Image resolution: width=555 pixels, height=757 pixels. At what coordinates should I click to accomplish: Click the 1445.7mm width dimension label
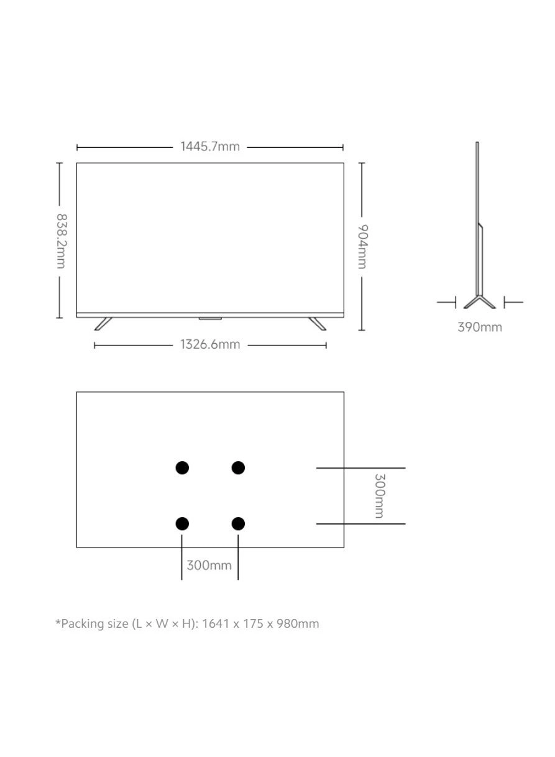[x=210, y=147]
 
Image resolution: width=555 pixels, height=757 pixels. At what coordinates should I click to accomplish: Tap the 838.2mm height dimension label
[x=61, y=241]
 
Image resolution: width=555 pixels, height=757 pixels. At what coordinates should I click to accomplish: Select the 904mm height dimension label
[x=362, y=247]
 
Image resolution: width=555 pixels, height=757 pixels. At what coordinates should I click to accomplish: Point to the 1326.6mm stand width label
[x=210, y=344]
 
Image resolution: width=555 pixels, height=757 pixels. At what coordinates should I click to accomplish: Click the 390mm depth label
[x=479, y=327]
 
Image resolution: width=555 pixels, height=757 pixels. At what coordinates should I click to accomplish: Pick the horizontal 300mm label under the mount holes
[x=209, y=565]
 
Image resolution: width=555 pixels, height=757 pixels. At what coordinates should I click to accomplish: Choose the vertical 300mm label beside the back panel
[x=379, y=495]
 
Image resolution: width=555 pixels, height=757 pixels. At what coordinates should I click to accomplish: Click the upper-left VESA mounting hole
[x=182, y=467]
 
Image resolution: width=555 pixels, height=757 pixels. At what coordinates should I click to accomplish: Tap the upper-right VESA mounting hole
[x=238, y=467]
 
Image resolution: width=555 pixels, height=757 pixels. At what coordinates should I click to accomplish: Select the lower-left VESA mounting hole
[x=182, y=524]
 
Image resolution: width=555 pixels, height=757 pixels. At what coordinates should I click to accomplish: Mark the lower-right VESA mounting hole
[x=238, y=524]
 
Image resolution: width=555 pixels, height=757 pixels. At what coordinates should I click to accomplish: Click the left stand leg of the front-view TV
[x=103, y=323]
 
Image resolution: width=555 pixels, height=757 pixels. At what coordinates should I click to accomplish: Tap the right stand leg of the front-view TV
[x=317, y=323]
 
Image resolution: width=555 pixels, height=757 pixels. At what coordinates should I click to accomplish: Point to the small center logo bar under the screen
[x=210, y=319]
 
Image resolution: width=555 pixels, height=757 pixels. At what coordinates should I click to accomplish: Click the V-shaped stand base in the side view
[x=479, y=302]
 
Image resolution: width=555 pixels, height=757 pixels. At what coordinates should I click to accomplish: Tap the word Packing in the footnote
[x=81, y=623]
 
